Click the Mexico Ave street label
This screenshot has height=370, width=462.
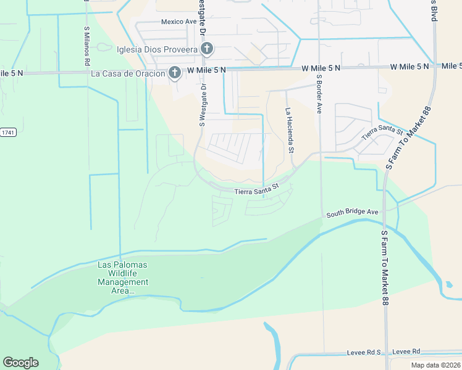(x=178, y=22)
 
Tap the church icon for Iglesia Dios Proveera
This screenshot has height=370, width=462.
(x=208, y=49)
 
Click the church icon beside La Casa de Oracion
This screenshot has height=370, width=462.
(x=175, y=73)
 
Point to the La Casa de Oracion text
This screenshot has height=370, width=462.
(x=128, y=73)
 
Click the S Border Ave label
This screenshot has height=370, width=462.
(x=319, y=94)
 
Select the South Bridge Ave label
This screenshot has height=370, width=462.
(x=352, y=212)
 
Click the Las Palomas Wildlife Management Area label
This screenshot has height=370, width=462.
(x=124, y=277)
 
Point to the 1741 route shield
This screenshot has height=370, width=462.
(x=7, y=132)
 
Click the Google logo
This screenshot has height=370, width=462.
(x=20, y=363)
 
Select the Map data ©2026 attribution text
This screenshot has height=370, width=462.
(x=435, y=365)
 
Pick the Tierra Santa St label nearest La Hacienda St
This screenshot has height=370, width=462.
(x=257, y=189)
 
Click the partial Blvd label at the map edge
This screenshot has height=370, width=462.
(x=434, y=11)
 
